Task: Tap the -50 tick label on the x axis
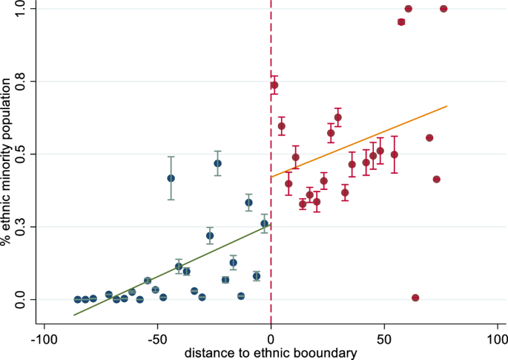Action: click(x=157, y=338)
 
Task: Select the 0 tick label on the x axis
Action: click(x=271, y=338)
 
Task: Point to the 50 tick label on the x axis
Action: click(x=384, y=338)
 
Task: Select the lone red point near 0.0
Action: click(x=415, y=298)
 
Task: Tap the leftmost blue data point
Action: click(x=78, y=299)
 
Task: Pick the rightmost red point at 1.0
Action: click(x=443, y=9)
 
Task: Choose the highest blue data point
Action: click(x=217, y=163)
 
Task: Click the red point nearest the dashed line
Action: click(x=274, y=85)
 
